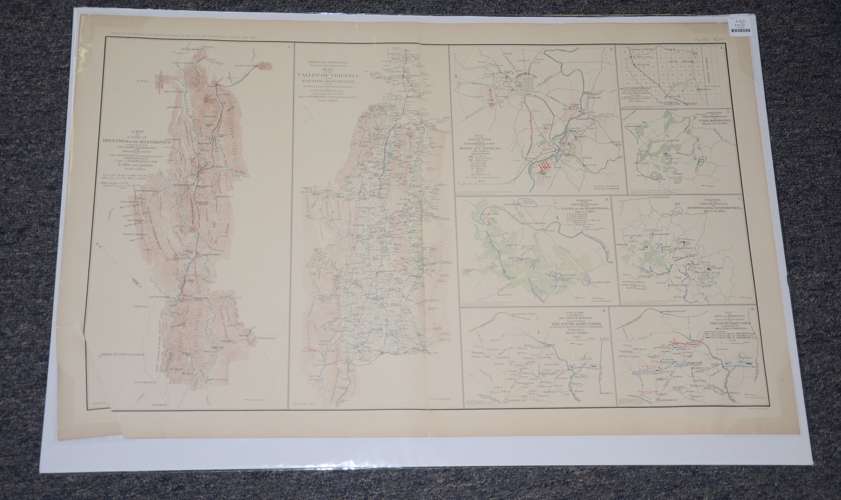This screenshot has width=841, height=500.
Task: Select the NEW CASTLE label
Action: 216,379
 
